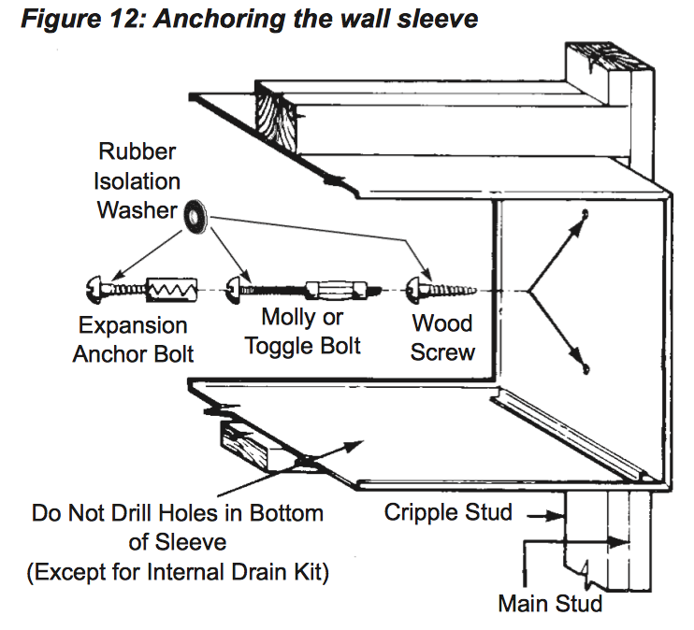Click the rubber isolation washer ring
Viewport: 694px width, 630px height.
(x=195, y=214)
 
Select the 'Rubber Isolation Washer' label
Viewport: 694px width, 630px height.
(x=137, y=180)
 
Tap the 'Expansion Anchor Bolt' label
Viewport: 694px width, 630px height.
(x=134, y=339)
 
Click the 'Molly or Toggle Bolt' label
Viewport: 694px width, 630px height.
(x=302, y=332)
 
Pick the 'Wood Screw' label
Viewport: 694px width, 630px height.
(x=442, y=338)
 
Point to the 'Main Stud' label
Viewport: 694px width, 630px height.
(x=550, y=603)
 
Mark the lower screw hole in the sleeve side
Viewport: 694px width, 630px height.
(x=586, y=367)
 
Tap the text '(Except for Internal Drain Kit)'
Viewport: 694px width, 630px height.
(x=177, y=572)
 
